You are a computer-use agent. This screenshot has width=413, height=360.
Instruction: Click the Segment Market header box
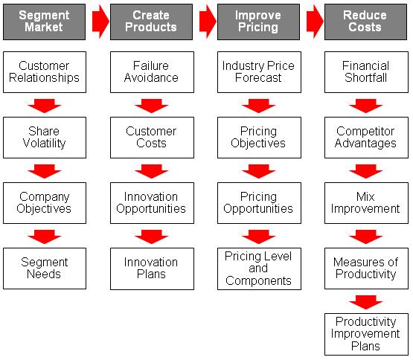44,22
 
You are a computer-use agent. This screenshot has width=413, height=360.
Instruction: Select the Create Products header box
152,22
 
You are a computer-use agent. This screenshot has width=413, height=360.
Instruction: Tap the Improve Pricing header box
258,22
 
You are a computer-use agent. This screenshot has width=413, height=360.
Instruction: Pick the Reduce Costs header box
365,22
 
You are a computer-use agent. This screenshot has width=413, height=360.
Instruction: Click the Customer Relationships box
45,72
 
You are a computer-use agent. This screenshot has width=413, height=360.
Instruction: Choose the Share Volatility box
45,138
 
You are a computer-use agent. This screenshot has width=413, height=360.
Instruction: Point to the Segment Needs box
45,269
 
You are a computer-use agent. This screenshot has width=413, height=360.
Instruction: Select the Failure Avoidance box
152,72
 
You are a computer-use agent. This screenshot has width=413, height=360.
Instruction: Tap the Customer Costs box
152,138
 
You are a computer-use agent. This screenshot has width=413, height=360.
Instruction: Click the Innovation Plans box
152,269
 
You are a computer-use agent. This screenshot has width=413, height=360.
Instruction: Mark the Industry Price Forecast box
259,72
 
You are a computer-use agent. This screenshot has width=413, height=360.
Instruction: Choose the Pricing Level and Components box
259,269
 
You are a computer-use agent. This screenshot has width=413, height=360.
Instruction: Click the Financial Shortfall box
366,72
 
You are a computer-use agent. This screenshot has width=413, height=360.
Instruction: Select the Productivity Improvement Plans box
366,334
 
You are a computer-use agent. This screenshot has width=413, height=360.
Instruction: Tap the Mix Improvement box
366,203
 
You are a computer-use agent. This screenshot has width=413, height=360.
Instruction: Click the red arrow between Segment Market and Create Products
100,22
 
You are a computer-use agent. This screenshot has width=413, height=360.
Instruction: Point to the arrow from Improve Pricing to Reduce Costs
315,22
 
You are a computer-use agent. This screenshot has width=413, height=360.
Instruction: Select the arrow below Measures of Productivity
365,302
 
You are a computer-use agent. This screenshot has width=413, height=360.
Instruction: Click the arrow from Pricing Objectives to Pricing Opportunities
258,171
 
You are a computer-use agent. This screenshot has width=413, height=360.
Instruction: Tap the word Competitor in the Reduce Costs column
365,131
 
